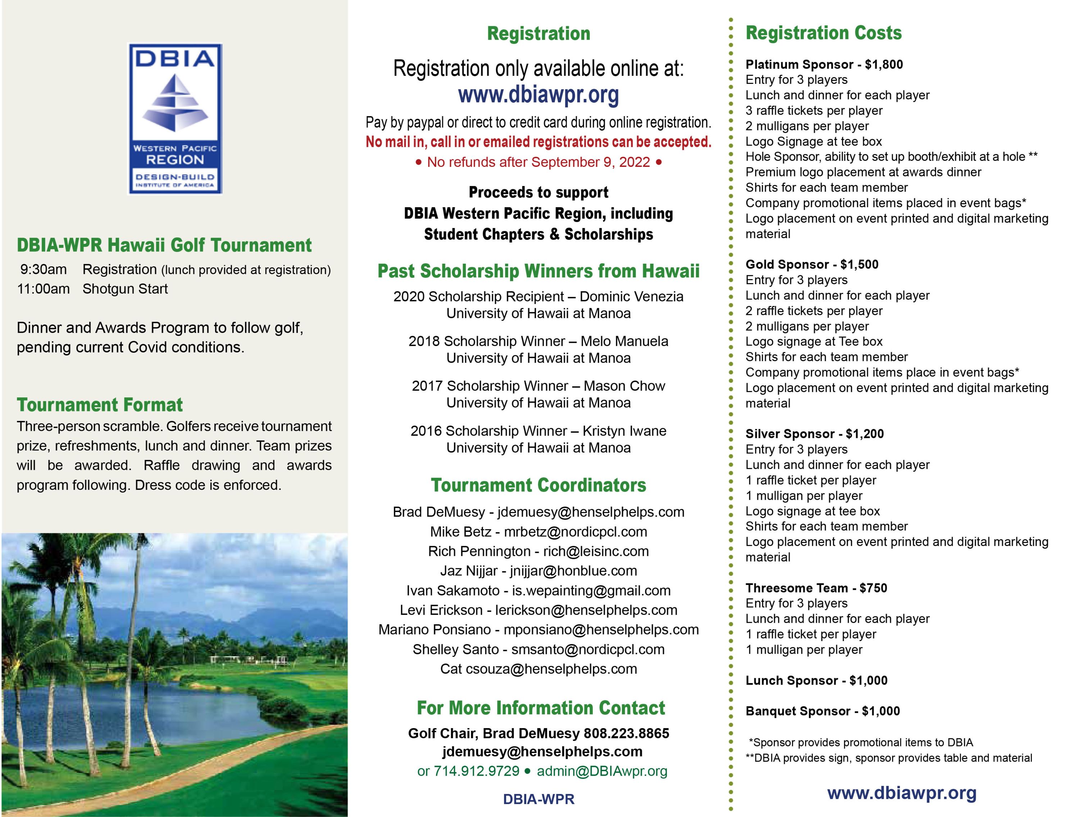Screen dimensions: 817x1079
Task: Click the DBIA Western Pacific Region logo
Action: [x=175, y=119]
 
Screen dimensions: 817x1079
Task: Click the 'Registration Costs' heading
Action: [x=823, y=33]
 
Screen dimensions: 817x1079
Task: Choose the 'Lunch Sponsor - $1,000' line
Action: [x=816, y=680]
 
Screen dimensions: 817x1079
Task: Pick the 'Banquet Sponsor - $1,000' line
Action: [x=823, y=711]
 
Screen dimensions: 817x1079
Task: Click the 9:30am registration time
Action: [x=44, y=269]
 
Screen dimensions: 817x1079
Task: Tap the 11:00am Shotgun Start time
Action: [x=44, y=289]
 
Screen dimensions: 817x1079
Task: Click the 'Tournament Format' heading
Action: [x=100, y=405]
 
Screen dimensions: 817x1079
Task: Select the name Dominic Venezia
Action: [x=631, y=297]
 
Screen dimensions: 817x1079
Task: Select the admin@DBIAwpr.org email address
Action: [x=602, y=771]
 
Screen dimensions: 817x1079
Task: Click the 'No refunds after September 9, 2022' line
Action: [x=538, y=162]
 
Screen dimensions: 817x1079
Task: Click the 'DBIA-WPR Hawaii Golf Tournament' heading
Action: [x=164, y=245]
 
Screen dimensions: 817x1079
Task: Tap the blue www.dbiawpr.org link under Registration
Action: [x=538, y=95]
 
